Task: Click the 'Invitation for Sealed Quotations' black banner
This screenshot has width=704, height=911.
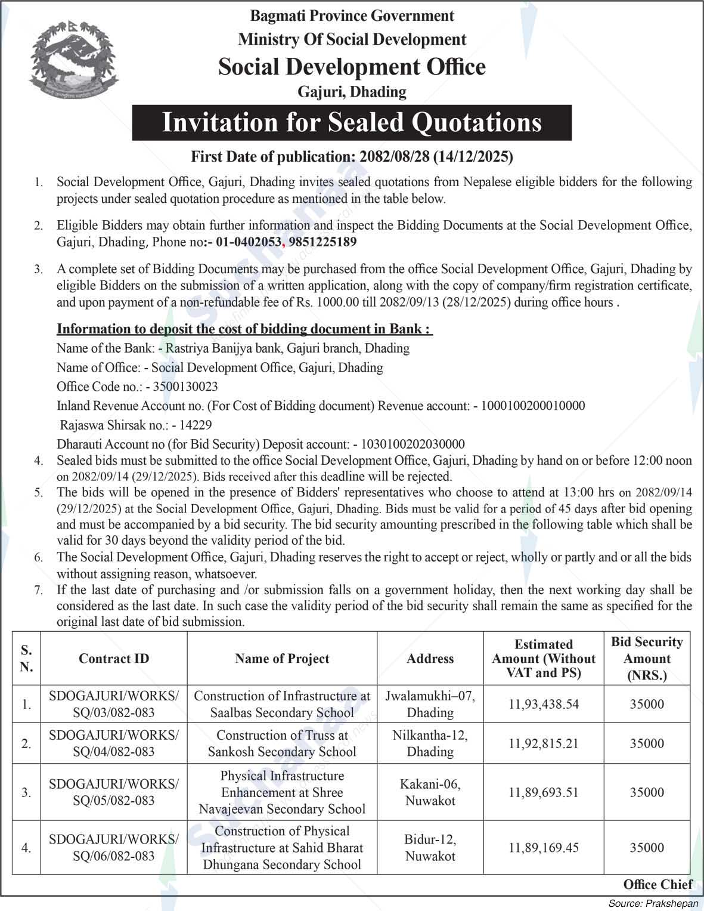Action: click(352, 122)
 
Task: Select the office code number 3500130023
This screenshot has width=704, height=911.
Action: click(185, 387)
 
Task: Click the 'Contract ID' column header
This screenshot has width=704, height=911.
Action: click(114, 659)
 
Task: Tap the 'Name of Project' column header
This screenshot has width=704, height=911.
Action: click(282, 659)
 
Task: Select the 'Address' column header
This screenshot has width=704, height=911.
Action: click(430, 659)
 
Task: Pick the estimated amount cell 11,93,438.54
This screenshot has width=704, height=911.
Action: click(544, 704)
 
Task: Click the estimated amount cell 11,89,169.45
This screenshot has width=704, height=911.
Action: click(544, 848)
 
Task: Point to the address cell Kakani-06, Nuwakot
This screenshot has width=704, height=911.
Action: click(430, 792)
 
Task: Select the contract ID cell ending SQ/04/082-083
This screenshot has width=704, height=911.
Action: click(114, 743)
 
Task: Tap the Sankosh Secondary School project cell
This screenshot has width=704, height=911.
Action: click(282, 743)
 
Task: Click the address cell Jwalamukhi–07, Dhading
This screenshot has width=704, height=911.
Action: click(430, 704)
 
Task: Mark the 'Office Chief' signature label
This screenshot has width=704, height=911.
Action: click(658, 884)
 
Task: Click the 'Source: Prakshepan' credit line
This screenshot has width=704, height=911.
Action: click(653, 903)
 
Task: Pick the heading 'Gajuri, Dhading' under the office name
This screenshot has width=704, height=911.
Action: click(352, 92)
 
